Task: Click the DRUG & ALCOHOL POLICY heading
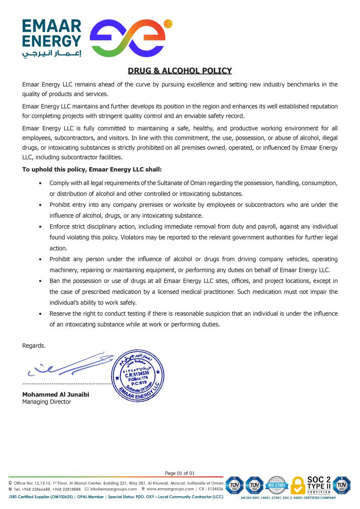click(180, 71)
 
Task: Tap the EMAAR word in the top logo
click(51, 25)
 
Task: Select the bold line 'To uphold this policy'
click(92, 169)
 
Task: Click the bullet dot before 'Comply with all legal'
click(40, 183)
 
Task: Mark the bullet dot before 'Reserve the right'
click(40, 314)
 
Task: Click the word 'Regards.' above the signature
click(34, 345)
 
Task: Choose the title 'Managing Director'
click(47, 402)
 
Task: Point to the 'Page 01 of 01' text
click(180, 473)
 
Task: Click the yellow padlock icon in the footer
click(297, 486)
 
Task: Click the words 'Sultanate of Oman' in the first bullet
click(185, 183)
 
